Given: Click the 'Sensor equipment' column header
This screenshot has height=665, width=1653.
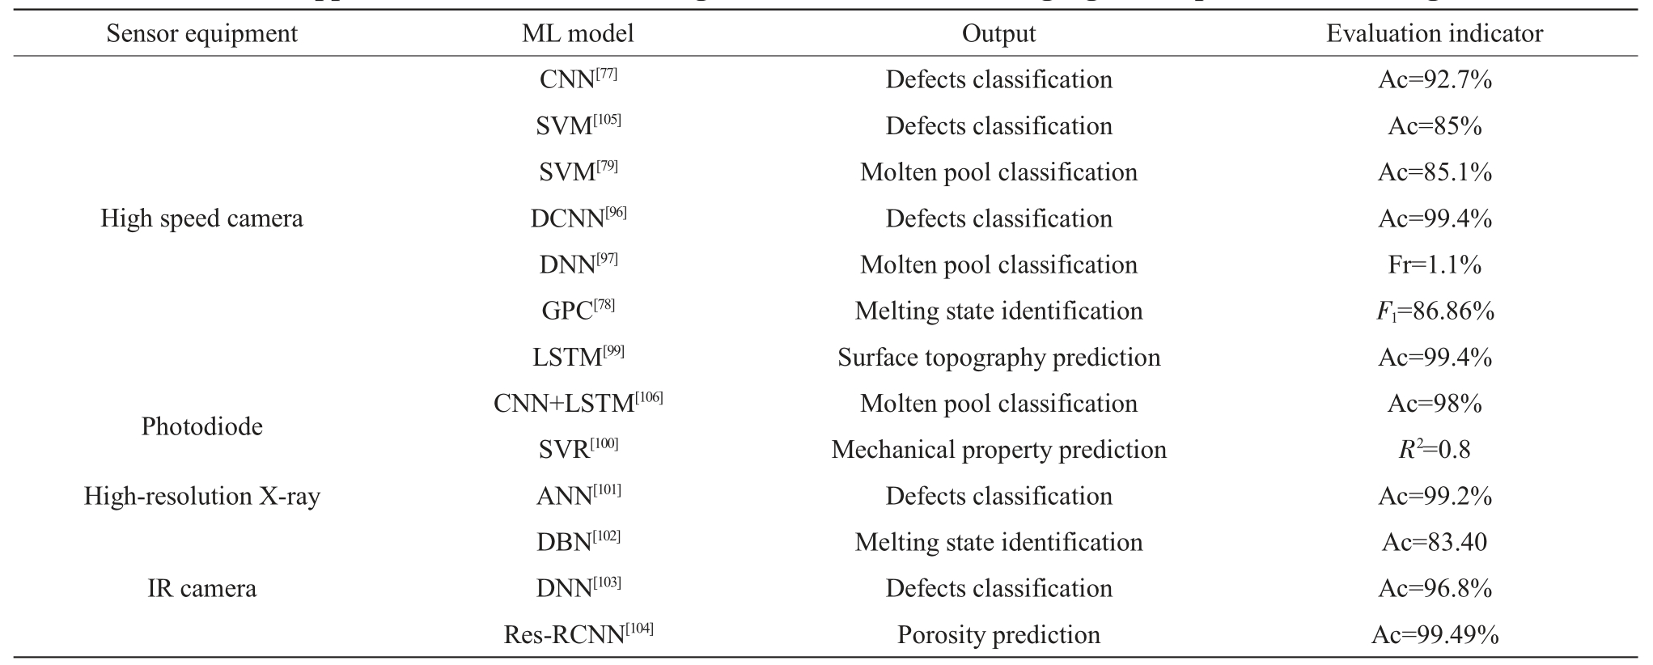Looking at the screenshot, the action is pos(201,33).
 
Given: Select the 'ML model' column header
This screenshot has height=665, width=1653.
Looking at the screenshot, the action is pos(578,33).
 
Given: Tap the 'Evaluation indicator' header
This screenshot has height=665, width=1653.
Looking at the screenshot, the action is pos(1435,33).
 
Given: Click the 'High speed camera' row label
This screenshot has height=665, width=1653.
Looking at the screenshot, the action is pos(201,218).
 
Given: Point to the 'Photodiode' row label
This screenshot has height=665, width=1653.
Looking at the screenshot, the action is pos(201,426).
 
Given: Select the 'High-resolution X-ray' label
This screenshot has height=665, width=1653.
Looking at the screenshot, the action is pos(201,496).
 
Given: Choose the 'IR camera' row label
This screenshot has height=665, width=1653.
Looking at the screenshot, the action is pos(201,588).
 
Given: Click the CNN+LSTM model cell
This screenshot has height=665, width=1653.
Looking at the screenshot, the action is pos(578,402).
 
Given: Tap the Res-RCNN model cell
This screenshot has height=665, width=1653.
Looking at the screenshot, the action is pos(578,633).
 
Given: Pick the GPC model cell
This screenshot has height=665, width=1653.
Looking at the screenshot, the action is pos(578,310).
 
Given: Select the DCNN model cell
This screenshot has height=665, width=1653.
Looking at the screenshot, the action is pos(578,218).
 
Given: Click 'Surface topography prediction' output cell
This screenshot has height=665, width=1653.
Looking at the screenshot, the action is pos(998,358).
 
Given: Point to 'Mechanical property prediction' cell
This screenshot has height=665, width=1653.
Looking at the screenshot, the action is pos(998,450).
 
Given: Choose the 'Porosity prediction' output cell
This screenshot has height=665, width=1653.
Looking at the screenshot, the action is pos(998,635).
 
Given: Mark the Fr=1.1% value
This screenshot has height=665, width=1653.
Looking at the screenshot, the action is pos(1435,265).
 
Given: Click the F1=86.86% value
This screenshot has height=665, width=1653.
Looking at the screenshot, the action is pos(1435,311).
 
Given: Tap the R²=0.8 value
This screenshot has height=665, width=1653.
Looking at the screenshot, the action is pos(1435,449).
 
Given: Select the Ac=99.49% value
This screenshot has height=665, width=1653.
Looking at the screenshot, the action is pos(1435,635).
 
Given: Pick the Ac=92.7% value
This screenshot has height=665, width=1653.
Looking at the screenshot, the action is pos(1435,79).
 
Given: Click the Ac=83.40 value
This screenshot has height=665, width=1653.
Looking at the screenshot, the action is pos(1435,542).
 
